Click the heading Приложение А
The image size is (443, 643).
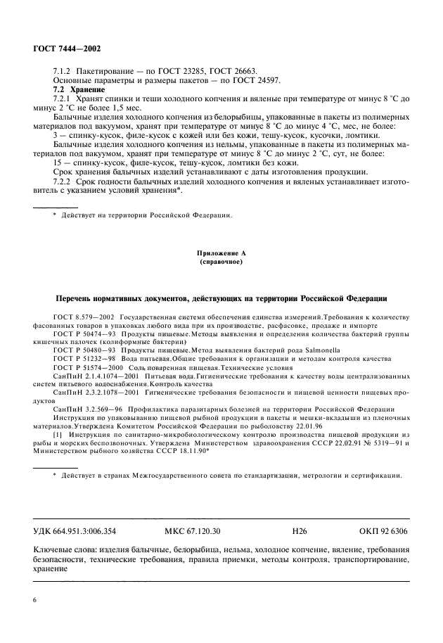pyautogui.click(x=221, y=251)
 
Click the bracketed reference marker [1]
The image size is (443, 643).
pyautogui.click(x=57, y=436)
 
